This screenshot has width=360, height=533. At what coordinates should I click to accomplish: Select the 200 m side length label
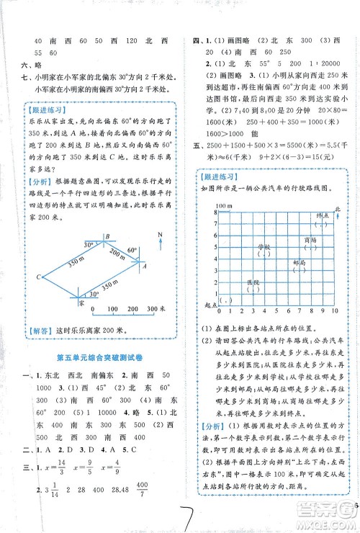click(117, 254)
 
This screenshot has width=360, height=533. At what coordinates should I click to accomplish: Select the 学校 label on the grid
click(264, 246)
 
